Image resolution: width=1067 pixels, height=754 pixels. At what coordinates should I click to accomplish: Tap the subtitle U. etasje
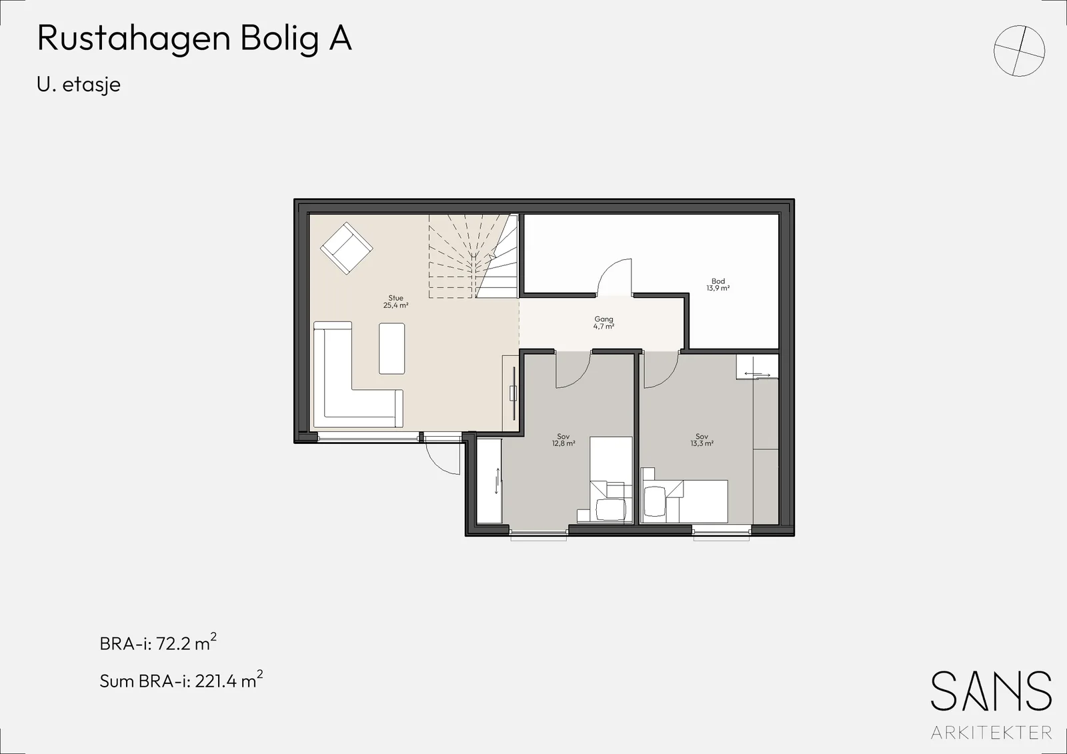79,85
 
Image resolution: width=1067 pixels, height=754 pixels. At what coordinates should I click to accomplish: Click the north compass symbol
1020,51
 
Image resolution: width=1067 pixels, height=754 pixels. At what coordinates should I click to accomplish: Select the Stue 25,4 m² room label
396,301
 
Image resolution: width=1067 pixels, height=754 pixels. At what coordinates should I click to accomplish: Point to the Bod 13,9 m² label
718,285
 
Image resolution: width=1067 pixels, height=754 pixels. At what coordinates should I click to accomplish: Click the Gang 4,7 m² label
604,323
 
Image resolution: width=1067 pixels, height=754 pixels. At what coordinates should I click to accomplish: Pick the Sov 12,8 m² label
564,439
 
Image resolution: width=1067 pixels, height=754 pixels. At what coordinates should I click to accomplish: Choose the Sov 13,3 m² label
702,439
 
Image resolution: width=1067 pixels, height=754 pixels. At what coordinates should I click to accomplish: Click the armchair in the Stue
346,248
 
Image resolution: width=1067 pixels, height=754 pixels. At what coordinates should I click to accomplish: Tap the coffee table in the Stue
392,348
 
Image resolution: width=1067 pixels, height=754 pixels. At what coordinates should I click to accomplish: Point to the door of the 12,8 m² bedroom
573,370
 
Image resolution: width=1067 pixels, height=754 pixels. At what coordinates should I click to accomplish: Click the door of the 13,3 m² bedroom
661,370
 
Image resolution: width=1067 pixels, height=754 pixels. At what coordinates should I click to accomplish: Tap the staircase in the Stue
473,256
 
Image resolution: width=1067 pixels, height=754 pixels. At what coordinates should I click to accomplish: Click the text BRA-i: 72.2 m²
158,643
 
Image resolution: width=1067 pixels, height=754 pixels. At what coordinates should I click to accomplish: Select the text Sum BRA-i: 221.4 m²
181,680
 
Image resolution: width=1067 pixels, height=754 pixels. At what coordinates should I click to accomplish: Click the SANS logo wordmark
991,691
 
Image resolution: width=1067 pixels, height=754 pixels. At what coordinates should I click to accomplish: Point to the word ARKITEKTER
991,732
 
